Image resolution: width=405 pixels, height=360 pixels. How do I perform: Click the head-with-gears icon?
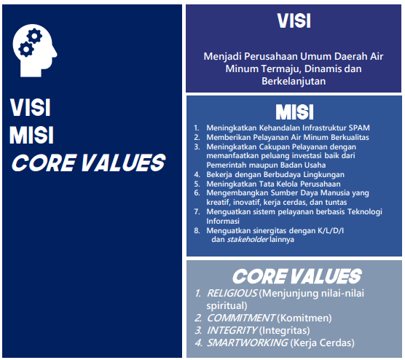pyautogui.click(x=35, y=51)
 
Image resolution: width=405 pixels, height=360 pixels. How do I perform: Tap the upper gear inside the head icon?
pyautogui.click(x=34, y=36)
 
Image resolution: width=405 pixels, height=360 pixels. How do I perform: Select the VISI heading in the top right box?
pyautogui.click(x=294, y=21)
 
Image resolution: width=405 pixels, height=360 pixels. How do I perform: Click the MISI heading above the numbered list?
pyautogui.click(x=294, y=112)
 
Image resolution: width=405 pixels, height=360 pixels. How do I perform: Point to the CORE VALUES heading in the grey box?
pyautogui.click(x=296, y=276)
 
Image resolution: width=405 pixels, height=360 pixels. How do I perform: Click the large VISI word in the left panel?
pyautogui.click(x=30, y=108)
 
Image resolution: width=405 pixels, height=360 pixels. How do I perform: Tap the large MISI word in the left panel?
pyautogui.click(x=31, y=135)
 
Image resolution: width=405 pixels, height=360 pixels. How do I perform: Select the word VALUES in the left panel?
pyautogui.click(x=123, y=163)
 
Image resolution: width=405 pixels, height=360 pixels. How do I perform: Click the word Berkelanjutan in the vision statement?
pyautogui.click(x=294, y=81)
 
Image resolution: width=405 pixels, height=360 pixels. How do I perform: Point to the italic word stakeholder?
pyautogui.click(x=248, y=239)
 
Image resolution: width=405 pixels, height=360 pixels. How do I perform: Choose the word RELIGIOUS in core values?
pyautogui.click(x=232, y=293)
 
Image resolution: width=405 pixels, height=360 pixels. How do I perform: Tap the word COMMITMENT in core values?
pyautogui.click(x=241, y=318)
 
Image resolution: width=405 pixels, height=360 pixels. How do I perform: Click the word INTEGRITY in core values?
pyautogui.click(x=232, y=330)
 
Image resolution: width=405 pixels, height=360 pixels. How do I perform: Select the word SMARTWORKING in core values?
pyautogui.click(x=247, y=343)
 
